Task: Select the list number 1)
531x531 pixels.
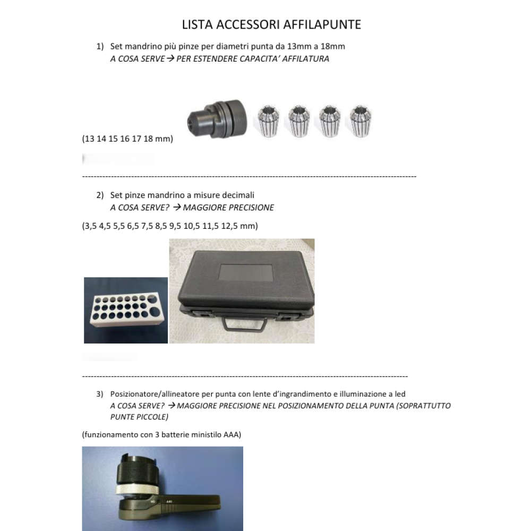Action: point(100,47)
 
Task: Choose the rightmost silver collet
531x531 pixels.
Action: point(361,122)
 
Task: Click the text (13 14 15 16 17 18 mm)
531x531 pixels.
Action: point(127,139)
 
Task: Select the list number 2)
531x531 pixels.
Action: point(100,195)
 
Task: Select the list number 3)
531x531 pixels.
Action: point(100,394)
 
